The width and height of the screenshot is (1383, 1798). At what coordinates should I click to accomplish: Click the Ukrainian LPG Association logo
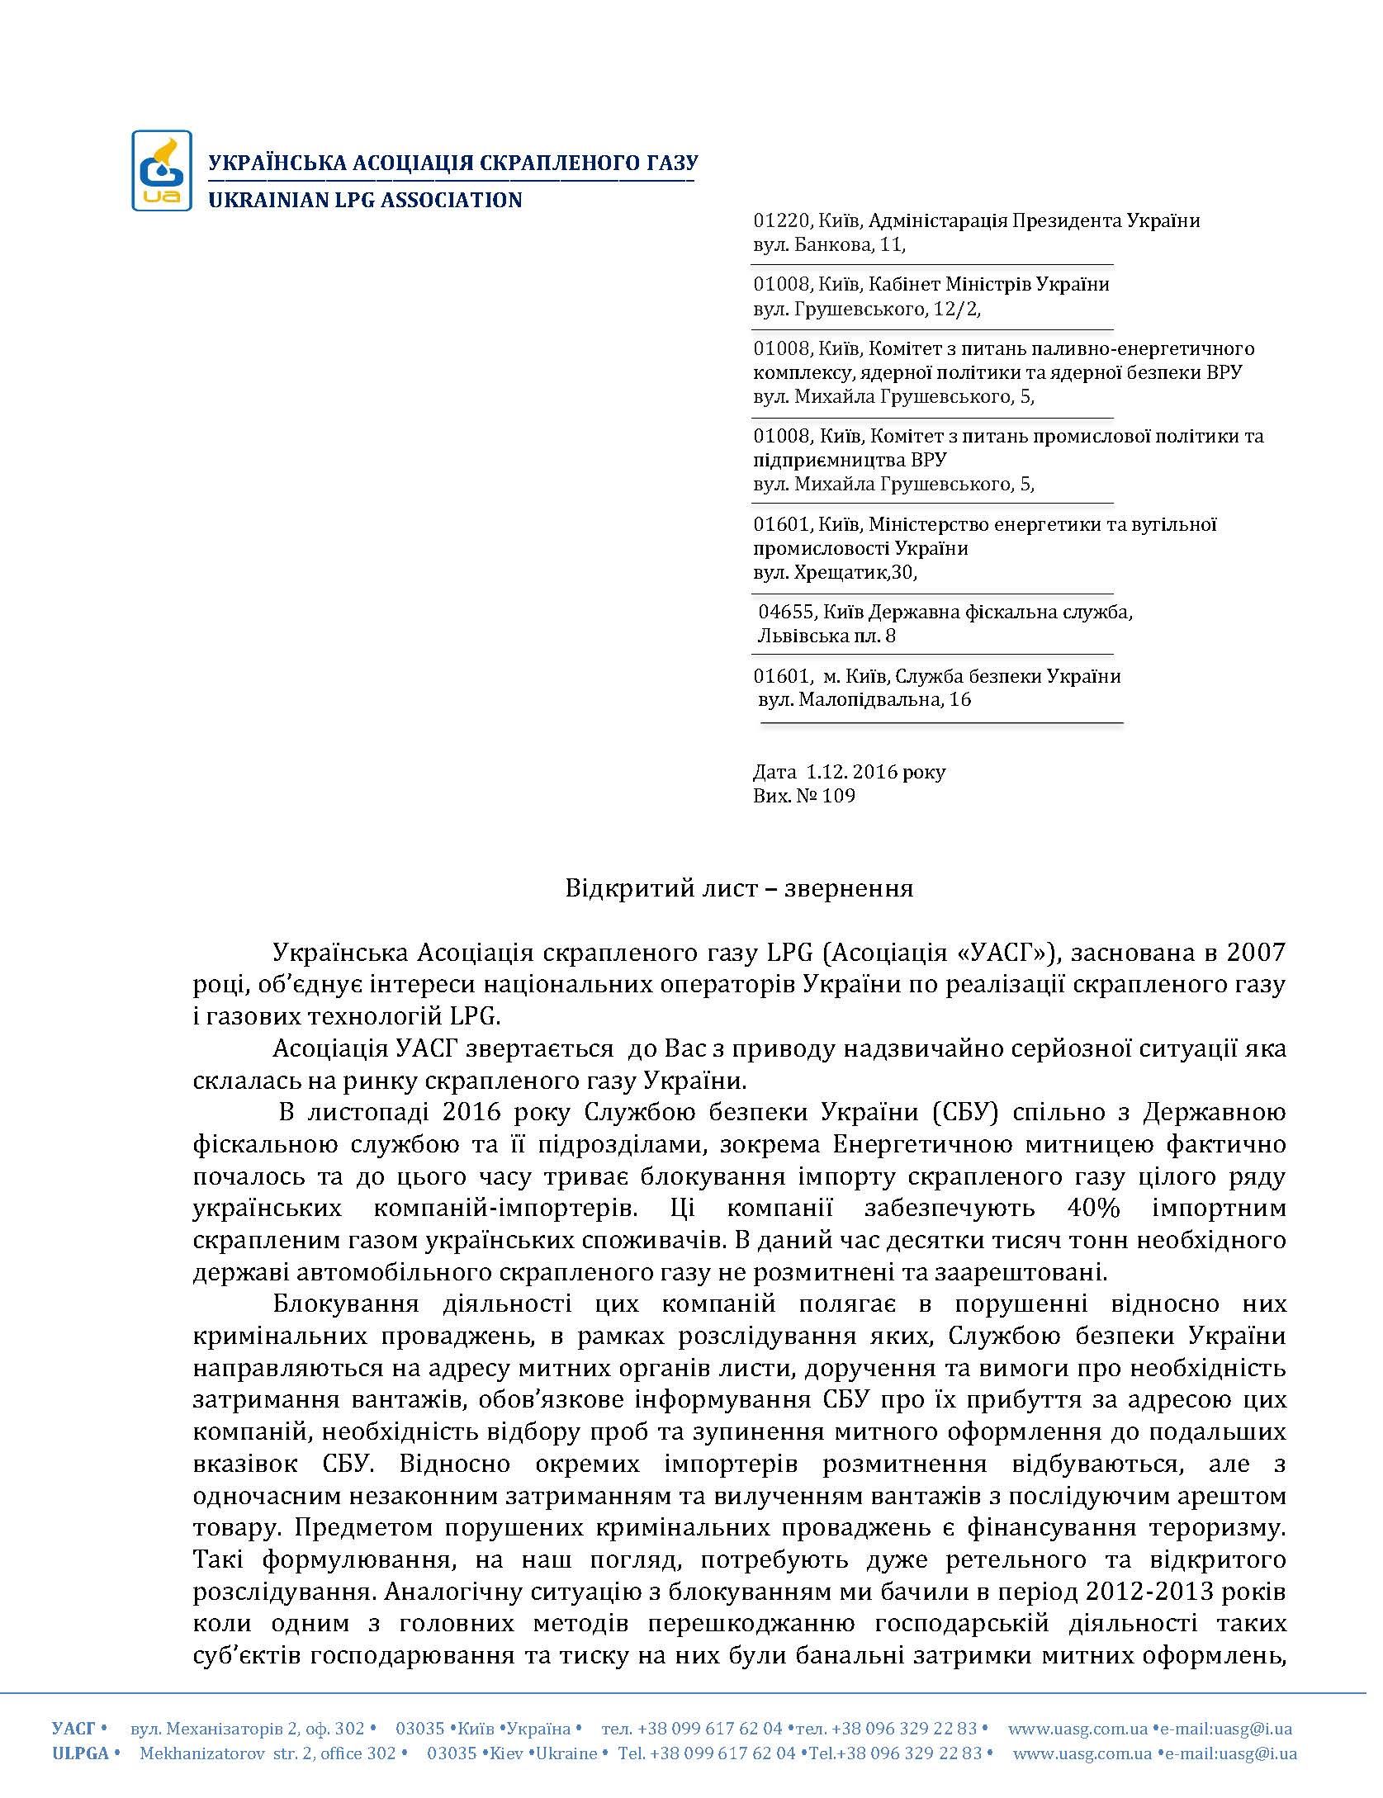coord(162,170)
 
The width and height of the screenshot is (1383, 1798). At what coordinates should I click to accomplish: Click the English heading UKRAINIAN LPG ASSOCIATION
coord(365,200)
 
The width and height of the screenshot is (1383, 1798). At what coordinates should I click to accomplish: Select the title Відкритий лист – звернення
coord(739,888)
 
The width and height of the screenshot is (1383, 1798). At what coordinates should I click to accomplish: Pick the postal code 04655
coord(787,612)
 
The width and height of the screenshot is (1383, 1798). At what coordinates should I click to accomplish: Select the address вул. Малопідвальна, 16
coord(864,700)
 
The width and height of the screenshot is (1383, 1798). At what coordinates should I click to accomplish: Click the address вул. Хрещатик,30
coord(835,572)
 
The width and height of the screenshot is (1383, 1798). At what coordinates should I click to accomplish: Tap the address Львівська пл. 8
coord(826,636)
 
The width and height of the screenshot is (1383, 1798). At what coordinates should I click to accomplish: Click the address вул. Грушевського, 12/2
coord(867,309)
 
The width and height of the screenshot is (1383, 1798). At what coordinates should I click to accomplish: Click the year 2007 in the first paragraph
coord(1256,953)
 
